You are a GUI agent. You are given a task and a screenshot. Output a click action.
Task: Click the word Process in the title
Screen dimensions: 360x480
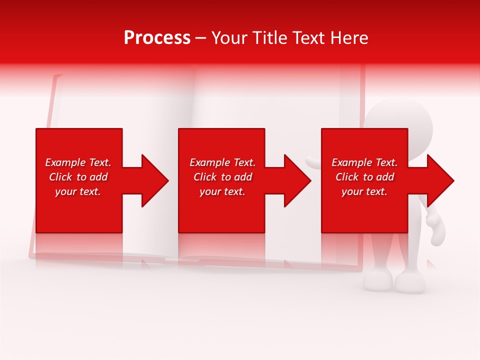[x=157, y=38]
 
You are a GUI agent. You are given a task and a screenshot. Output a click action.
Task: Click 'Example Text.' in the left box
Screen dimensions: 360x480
[x=78, y=162]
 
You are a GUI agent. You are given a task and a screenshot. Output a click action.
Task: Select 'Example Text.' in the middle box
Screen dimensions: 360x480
[x=222, y=162]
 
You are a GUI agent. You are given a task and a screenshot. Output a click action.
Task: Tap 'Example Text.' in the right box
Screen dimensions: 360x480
[x=364, y=162]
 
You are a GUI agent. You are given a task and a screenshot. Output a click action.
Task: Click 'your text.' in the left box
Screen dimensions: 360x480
[x=78, y=191]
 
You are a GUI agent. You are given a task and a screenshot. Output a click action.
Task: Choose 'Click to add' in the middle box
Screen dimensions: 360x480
[x=222, y=177]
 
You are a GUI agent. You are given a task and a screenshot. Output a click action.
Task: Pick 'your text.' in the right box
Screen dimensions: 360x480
[x=364, y=191]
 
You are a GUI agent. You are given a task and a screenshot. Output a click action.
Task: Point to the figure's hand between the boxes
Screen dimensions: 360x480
[x=313, y=163]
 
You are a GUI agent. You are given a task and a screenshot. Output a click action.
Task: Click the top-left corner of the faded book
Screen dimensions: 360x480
[x=56, y=76]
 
